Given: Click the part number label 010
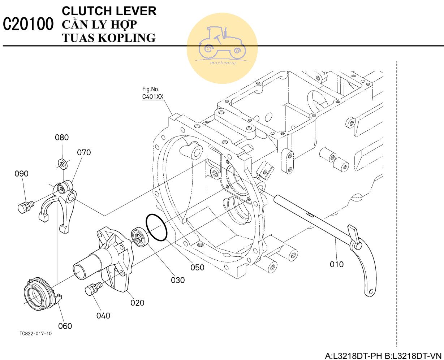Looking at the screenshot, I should click(337, 264).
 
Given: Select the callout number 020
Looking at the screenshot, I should click(137, 303).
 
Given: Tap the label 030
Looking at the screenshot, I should click(178, 280).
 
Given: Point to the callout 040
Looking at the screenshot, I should click(103, 316).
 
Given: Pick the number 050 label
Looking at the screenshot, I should click(197, 268).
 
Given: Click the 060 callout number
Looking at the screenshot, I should click(65, 326).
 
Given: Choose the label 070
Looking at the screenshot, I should click(84, 152).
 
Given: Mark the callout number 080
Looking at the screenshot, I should click(62, 137).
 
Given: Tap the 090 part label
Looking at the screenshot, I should click(21, 174).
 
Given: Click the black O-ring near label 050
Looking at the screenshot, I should click(156, 227).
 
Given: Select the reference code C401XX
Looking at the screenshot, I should click(153, 97).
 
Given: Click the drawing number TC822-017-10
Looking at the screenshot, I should click(35, 334).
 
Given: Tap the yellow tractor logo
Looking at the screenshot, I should click(222, 47).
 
